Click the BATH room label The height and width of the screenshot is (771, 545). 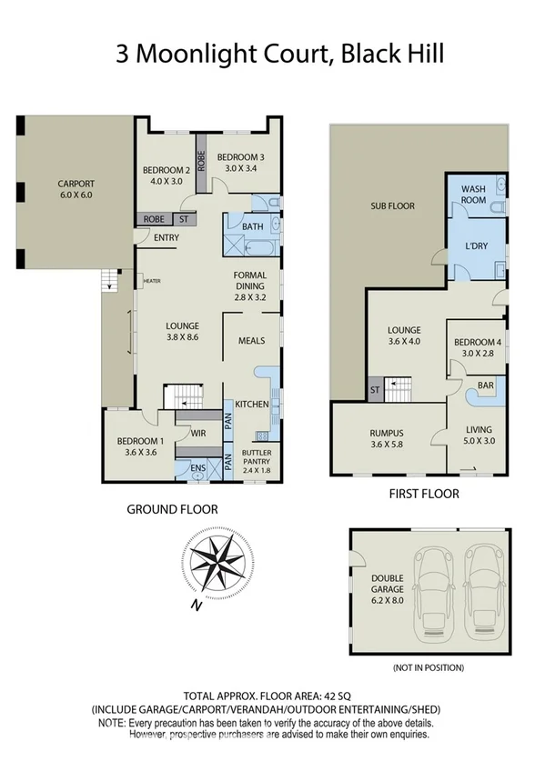[x=252, y=226]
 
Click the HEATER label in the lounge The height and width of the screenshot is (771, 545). [x=151, y=281]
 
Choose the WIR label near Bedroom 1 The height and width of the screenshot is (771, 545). [x=197, y=434]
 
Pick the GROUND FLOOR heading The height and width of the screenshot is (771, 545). [x=171, y=510]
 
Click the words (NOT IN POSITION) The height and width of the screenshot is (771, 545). [x=428, y=667]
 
